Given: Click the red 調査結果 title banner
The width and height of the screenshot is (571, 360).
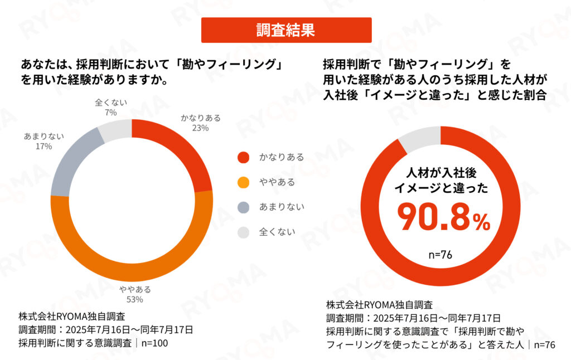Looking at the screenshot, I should click(286, 30).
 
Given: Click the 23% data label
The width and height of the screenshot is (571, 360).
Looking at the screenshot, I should click(200, 128).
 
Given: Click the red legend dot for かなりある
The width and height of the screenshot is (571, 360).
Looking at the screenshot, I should click(243, 157).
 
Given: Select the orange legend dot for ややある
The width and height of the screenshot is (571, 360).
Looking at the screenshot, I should click(243, 182).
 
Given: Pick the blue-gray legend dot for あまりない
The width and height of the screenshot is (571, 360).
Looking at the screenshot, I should click(243, 207).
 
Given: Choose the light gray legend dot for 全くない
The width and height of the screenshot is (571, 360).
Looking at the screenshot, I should click(243, 232).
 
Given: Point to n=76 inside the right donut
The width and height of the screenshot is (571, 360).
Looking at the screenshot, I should click(440, 255).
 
